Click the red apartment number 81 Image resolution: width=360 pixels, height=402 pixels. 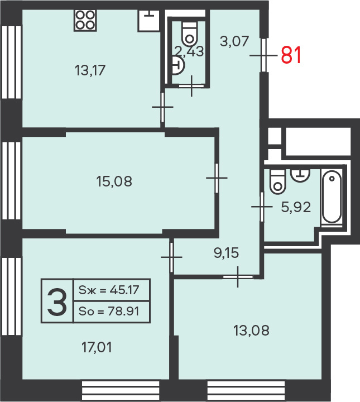291,55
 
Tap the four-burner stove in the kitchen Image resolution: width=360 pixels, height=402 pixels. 85,20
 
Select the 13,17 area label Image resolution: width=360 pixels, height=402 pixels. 90,70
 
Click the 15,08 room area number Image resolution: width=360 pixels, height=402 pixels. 114,181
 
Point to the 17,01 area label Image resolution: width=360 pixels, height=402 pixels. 97,348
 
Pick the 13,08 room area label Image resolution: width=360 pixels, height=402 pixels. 251,330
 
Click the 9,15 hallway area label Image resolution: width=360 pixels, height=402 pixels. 226,253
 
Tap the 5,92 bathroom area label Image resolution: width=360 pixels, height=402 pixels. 296,207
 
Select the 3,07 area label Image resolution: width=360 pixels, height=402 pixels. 234,41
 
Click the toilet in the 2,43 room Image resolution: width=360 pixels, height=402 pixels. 189,34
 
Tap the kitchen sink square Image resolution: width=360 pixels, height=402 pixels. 148,21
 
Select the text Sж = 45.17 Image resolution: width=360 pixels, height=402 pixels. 109,290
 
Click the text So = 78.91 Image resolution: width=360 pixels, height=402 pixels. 109,311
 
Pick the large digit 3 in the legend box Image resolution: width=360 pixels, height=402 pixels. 57,301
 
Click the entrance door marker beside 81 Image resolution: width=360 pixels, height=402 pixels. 263,55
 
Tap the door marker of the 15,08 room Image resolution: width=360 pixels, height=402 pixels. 217,178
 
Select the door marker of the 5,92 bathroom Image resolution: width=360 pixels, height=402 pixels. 262,207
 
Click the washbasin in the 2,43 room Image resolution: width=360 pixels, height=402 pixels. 178,66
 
